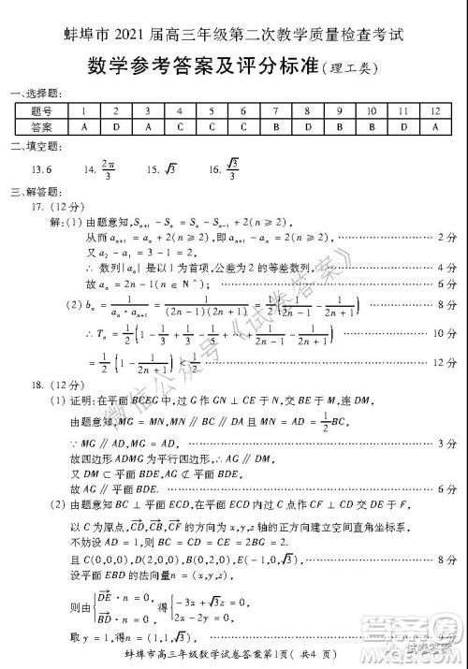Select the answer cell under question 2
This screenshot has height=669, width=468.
click(x=116, y=126)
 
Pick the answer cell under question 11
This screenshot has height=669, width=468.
click(x=403, y=126)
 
